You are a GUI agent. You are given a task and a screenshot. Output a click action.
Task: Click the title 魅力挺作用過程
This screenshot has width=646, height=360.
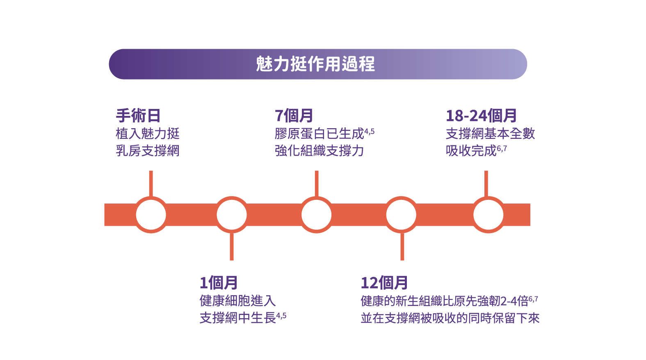(x=315, y=64)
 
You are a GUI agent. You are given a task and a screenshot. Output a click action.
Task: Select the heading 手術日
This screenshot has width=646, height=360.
(x=138, y=116)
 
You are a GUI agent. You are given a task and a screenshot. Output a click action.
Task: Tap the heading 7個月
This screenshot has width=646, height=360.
(x=294, y=116)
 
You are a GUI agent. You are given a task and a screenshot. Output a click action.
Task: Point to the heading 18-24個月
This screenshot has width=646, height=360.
(x=481, y=116)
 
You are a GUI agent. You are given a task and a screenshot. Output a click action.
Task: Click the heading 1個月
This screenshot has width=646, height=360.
(x=219, y=283)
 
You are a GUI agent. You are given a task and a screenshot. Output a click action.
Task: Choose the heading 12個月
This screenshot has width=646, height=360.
(x=384, y=283)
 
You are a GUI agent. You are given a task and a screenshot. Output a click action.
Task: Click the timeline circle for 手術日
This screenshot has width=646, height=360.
(x=151, y=215)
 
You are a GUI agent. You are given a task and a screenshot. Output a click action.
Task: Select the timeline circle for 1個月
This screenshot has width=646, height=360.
(x=232, y=215)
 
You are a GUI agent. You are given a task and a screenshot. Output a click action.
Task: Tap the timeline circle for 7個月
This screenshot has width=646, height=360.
(x=317, y=215)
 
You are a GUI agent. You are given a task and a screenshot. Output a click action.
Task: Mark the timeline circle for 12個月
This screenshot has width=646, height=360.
(x=402, y=215)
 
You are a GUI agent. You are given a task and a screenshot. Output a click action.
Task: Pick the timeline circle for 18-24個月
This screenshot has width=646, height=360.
(x=488, y=215)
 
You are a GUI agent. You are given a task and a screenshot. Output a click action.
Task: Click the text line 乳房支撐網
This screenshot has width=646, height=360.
(x=148, y=151)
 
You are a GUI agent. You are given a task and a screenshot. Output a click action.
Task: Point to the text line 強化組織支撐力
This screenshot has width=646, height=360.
(x=319, y=151)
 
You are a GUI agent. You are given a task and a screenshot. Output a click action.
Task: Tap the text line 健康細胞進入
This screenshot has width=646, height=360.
(x=237, y=301)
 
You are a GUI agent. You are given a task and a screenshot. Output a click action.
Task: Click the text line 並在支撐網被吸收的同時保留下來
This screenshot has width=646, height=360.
(x=450, y=318)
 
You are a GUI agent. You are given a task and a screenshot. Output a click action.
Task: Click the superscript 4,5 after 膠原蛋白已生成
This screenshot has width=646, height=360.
(x=369, y=131)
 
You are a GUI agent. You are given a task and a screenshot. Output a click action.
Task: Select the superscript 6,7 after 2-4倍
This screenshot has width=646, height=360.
(x=533, y=299)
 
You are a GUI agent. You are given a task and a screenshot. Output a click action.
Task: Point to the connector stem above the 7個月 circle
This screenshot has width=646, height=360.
(x=317, y=183)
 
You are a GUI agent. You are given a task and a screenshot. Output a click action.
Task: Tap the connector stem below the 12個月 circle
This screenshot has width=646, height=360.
(x=402, y=247)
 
